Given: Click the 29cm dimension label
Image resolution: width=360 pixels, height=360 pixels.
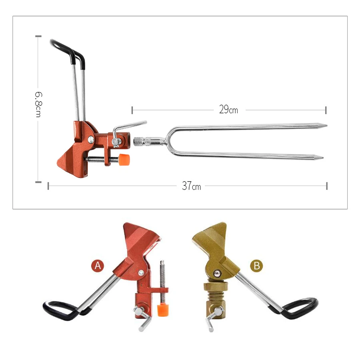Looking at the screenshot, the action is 228,110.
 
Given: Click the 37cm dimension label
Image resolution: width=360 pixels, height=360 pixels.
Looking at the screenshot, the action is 192,186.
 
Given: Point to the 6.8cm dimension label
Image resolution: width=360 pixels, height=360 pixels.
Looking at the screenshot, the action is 38,104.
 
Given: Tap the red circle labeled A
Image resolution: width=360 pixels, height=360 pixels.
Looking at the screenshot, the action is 98,266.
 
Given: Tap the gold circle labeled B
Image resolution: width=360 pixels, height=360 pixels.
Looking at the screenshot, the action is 256,266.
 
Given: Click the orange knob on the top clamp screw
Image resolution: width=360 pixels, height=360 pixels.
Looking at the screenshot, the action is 124,160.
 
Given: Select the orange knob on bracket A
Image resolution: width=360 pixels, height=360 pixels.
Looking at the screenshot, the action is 163,310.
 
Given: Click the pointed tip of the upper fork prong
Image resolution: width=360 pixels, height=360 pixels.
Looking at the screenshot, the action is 327,126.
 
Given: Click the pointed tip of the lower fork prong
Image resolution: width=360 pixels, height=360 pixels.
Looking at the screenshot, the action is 323,158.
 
